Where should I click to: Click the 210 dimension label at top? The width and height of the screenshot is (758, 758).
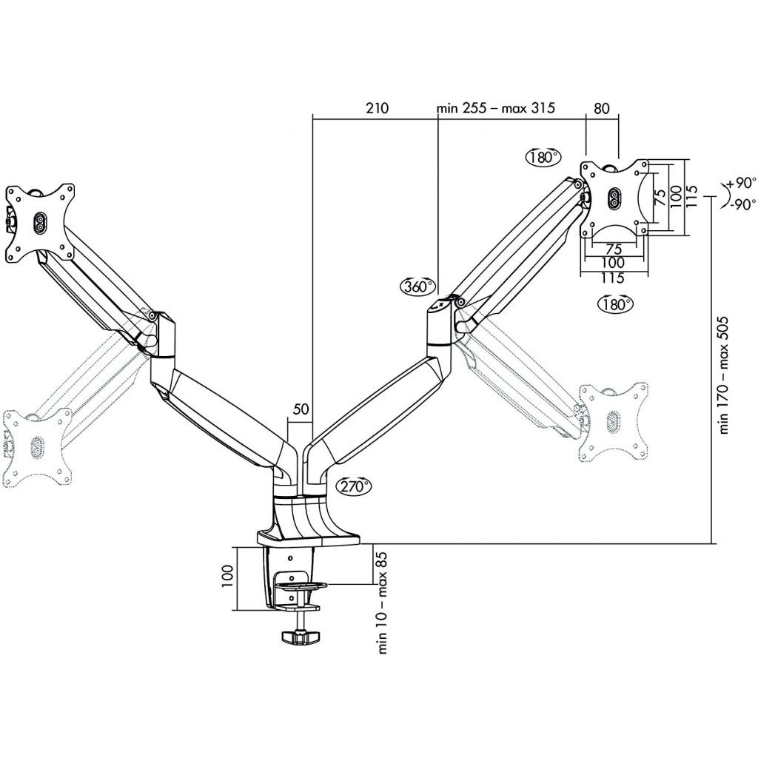pos(377,108)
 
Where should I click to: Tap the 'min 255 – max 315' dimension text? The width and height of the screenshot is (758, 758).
pos(495,107)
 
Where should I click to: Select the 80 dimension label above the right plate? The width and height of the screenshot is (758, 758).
pos(601,108)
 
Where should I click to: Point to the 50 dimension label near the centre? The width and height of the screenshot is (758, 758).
pos(301,409)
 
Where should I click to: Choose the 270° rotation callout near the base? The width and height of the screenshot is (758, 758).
pos(355,486)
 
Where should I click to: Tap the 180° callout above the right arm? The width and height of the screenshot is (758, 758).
pos(543,157)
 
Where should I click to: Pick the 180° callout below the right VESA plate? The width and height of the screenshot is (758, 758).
pos(615,303)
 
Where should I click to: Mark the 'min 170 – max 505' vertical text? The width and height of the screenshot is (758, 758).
pos(723,376)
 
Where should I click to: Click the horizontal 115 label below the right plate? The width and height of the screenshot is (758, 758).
pos(612,278)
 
